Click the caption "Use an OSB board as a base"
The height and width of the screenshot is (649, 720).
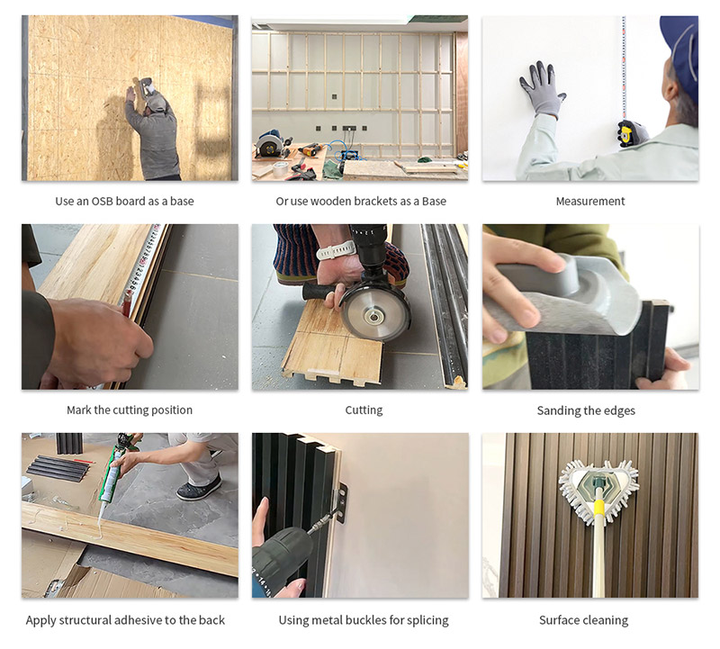(124, 201)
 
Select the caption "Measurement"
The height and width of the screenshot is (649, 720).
(589, 201)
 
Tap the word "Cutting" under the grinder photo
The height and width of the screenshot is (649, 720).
(364, 410)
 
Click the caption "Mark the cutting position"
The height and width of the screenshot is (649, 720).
(130, 410)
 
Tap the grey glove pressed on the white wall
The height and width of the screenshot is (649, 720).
(542, 87)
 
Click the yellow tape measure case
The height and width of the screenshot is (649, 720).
(634, 131)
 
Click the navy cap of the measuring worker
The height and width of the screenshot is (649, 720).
(681, 42)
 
